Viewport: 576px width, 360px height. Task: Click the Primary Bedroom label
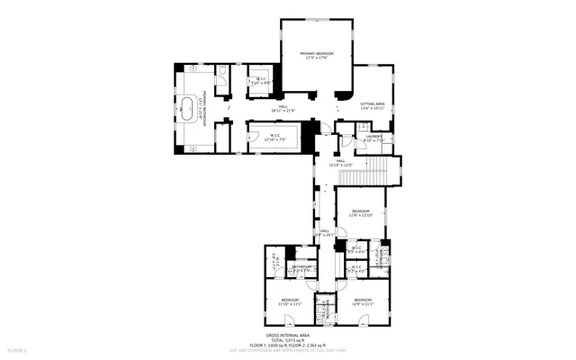[x=317, y=56]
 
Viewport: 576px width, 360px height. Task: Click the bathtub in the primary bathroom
[x=188, y=108]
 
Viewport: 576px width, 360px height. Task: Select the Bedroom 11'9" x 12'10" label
[x=361, y=213]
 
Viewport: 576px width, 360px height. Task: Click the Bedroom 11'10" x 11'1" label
[x=290, y=301]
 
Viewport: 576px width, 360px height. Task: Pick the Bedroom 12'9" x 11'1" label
[x=362, y=301]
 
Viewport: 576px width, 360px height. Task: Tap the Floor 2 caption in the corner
[x=17, y=349]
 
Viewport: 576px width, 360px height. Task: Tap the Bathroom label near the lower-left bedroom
[x=301, y=267]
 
